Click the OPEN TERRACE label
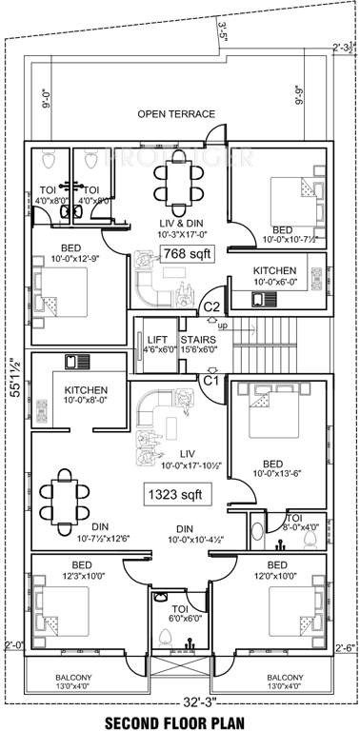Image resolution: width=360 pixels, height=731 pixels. pos(176,114)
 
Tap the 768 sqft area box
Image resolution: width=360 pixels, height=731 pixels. pos(186,253)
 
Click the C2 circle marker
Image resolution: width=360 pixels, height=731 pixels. pos(212,306)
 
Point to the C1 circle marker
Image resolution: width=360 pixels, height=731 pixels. pos(212,380)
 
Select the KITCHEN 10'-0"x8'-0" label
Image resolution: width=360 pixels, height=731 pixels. pos(85,396)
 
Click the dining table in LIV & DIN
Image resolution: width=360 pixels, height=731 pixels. pos(177,178)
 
